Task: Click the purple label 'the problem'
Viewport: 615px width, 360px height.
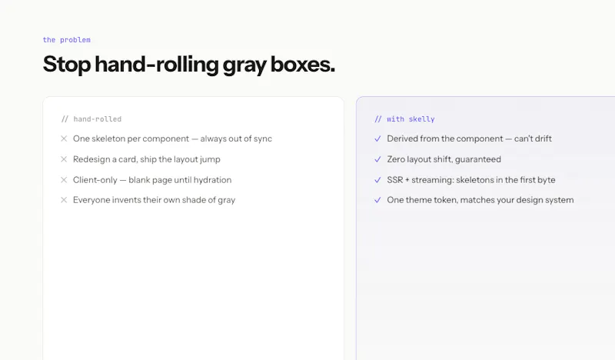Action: [x=67, y=40]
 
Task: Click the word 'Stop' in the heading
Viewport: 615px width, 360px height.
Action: [x=67, y=65]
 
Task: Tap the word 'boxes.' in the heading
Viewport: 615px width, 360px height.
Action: [x=303, y=64]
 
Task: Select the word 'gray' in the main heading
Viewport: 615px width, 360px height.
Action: [x=244, y=65]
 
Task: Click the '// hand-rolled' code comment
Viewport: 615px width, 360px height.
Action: [x=91, y=119]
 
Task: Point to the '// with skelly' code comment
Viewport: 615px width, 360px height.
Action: [x=405, y=119]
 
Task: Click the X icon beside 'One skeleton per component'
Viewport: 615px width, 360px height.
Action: [x=64, y=138]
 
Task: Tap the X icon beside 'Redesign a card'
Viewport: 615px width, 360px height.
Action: [x=64, y=159]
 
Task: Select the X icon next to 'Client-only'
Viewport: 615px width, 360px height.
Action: [x=64, y=180]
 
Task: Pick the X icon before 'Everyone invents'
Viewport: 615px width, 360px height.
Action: [x=64, y=200]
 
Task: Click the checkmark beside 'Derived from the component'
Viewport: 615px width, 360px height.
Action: [x=377, y=138]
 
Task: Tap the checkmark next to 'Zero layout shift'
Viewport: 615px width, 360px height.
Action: [x=377, y=159]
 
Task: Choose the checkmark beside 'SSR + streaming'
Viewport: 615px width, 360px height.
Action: [x=377, y=180]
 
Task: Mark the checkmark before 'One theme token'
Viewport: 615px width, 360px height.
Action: [x=377, y=200]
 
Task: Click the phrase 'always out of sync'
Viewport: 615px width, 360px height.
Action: [x=236, y=138]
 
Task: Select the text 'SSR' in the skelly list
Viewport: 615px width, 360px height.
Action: [x=395, y=180]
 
